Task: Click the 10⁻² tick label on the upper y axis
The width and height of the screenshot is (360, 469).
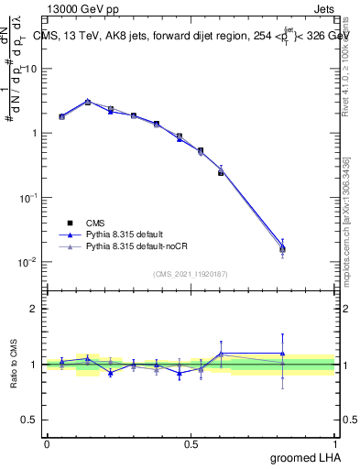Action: click(x=27, y=262)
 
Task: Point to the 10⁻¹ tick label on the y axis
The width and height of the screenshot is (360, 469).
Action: click(x=27, y=198)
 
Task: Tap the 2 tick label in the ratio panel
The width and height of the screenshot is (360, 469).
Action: click(x=34, y=309)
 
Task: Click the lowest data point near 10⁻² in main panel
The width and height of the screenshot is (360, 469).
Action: click(x=282, y=248)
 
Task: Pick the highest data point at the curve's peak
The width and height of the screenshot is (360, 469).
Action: click(x=87, y=102)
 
